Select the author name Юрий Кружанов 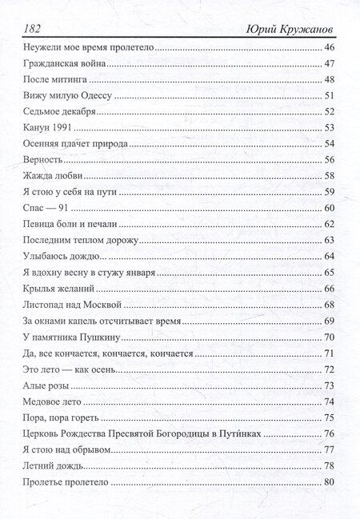coord(289,29)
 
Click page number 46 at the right coord(328,50)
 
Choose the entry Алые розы coord(45,385)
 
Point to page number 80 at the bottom coord(328,482)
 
